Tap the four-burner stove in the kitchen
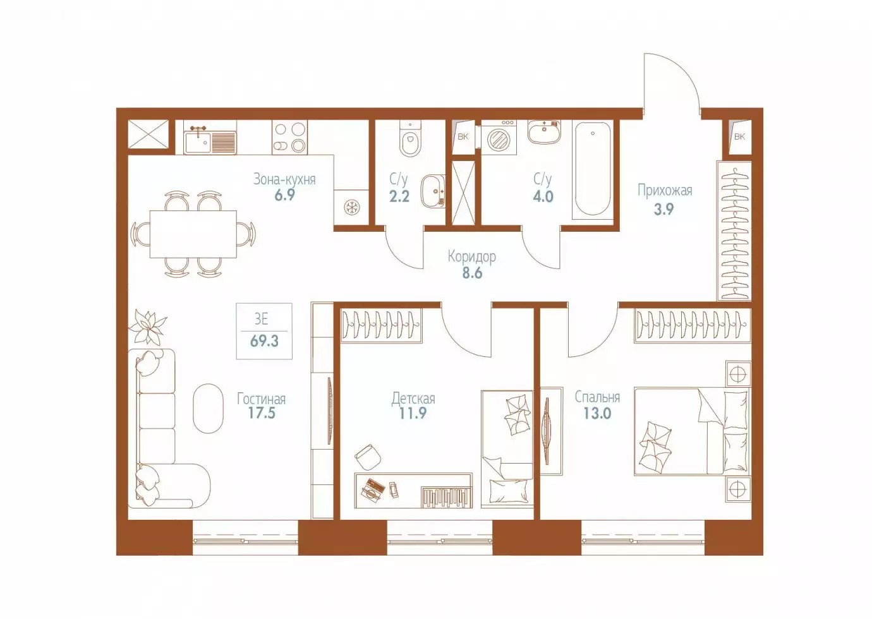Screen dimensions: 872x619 [x=289, y=137]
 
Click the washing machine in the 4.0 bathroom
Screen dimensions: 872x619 [x=499, y=137]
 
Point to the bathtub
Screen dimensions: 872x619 [x=593, y=171]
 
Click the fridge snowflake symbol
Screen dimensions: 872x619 [x=351, y=207]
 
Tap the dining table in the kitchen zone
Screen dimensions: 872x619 [x=193, y=234]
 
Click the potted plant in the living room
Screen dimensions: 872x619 [x=147, y=327]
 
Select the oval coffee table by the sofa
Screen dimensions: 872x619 [x=209, y=408]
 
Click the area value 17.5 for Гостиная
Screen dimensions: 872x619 [x=262, y=413]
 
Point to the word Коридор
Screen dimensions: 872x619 [x=472, y=257]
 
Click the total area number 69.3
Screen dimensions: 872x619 [x=264, y=341]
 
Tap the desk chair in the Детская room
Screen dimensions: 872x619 [x=368, y=457]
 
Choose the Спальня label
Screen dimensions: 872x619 [x=598, y=398]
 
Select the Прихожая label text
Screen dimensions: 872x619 [x=665, y=191]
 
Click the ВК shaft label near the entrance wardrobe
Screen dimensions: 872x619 [x=740, y=136]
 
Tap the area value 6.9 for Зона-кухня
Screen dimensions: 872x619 [x=284, y=195]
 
